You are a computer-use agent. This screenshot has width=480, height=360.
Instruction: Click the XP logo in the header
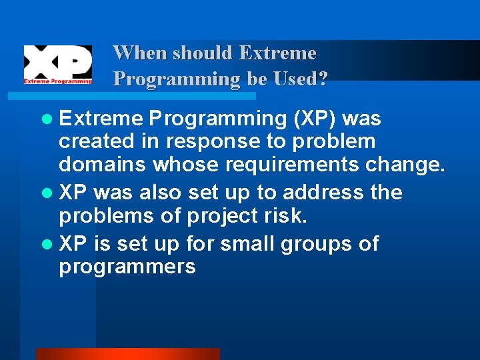click(58, 65)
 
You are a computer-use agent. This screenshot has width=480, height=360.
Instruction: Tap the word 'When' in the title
click(137, 53)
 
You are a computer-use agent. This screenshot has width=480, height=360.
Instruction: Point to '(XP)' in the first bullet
click(315, 119)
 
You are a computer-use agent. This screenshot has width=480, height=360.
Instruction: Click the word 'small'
click(246, 244)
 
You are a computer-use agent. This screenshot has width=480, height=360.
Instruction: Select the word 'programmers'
click(127, 268)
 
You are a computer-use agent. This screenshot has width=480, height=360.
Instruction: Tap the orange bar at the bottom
click(127, 353)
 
